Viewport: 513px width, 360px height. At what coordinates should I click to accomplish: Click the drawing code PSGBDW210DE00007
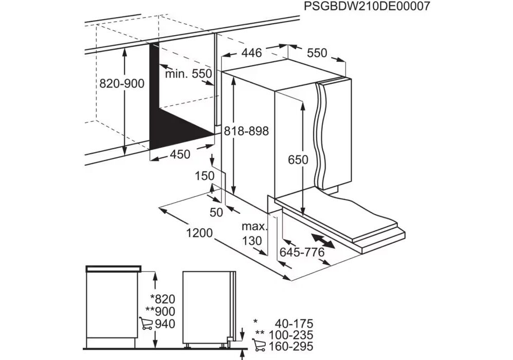point(367,6)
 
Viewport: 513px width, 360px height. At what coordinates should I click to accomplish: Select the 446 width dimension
point(251,52)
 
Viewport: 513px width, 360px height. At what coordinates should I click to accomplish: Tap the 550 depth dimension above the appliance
point(317,52)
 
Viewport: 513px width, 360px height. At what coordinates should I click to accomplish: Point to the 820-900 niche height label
point(122,83)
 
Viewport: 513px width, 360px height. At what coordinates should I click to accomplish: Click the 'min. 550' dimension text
point(189,74)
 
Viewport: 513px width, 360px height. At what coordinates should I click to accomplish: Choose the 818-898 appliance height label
point(246,131)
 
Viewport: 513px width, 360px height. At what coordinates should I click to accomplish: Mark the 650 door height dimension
point(298,160)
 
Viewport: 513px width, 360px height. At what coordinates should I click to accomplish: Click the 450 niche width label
point(180,154)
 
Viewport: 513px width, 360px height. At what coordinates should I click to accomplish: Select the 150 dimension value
point(205,176)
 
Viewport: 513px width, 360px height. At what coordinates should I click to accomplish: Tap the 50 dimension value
point(216,212)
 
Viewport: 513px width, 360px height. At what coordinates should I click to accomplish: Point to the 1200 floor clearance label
point(199,233)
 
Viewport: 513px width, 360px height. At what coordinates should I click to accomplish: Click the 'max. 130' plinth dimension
point(253,233)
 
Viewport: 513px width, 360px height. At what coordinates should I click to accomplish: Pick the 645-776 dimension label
point(302,252)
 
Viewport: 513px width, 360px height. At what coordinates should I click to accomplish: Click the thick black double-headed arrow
point(323,241)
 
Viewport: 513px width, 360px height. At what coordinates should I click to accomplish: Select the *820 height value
point(162,299)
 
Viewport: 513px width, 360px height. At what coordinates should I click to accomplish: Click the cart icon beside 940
point(146,323)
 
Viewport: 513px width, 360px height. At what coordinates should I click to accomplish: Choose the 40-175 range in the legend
point(294,323)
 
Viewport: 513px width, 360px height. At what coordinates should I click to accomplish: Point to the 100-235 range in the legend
point(290,335)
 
